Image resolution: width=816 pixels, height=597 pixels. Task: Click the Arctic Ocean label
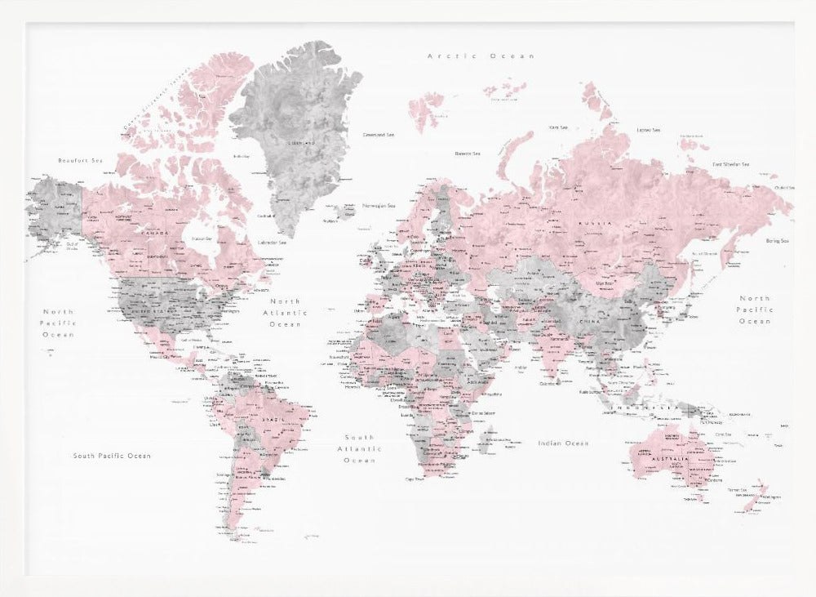pos(481,56)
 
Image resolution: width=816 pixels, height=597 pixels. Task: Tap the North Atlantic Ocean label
pos(285,312)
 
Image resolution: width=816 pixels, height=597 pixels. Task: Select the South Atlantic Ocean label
pos(358,448)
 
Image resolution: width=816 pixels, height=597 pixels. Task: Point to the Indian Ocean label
pos(563,443)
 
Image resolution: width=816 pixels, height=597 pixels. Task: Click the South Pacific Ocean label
pos(112,456)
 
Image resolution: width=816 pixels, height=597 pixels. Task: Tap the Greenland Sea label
pos(379,135)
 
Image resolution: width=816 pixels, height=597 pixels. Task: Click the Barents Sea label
pos(468,154)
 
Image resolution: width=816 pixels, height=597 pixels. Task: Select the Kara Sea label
pos(558,127)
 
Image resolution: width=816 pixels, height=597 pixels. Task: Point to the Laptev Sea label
pos(648,130)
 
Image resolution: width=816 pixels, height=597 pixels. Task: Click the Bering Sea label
pos(777,241)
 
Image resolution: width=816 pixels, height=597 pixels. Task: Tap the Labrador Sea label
pos(272,243)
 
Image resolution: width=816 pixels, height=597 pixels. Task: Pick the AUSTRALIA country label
pos(670,459)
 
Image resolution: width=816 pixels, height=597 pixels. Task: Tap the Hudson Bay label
pos(201,238)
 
